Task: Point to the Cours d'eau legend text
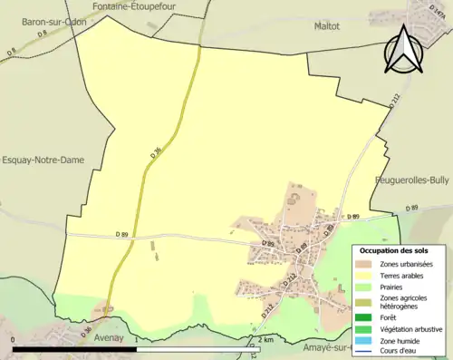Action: coord(401,352)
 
